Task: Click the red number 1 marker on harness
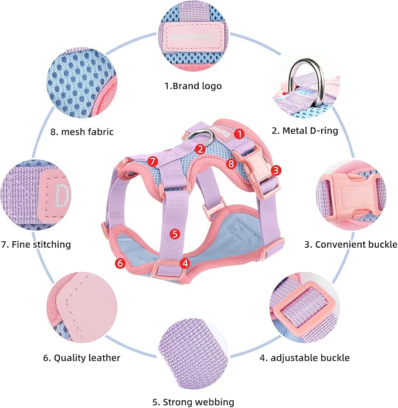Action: [x=239, y=133]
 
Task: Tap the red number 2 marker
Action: [x=200, y=149]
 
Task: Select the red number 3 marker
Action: [x=277, y=170]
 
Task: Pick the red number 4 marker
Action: [x=185, y=264]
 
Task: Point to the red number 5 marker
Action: [x=174, y=233]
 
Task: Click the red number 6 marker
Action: [x=120, y=264]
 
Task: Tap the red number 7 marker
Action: [x=152, y=160]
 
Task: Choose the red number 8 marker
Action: [x=231, y=164]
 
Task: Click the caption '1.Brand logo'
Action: [x=193, y=86]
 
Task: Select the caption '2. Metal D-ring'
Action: [x=305, y=131]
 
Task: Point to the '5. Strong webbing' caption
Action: [x=193, y=402]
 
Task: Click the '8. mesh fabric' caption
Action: [x=81, y=131]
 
